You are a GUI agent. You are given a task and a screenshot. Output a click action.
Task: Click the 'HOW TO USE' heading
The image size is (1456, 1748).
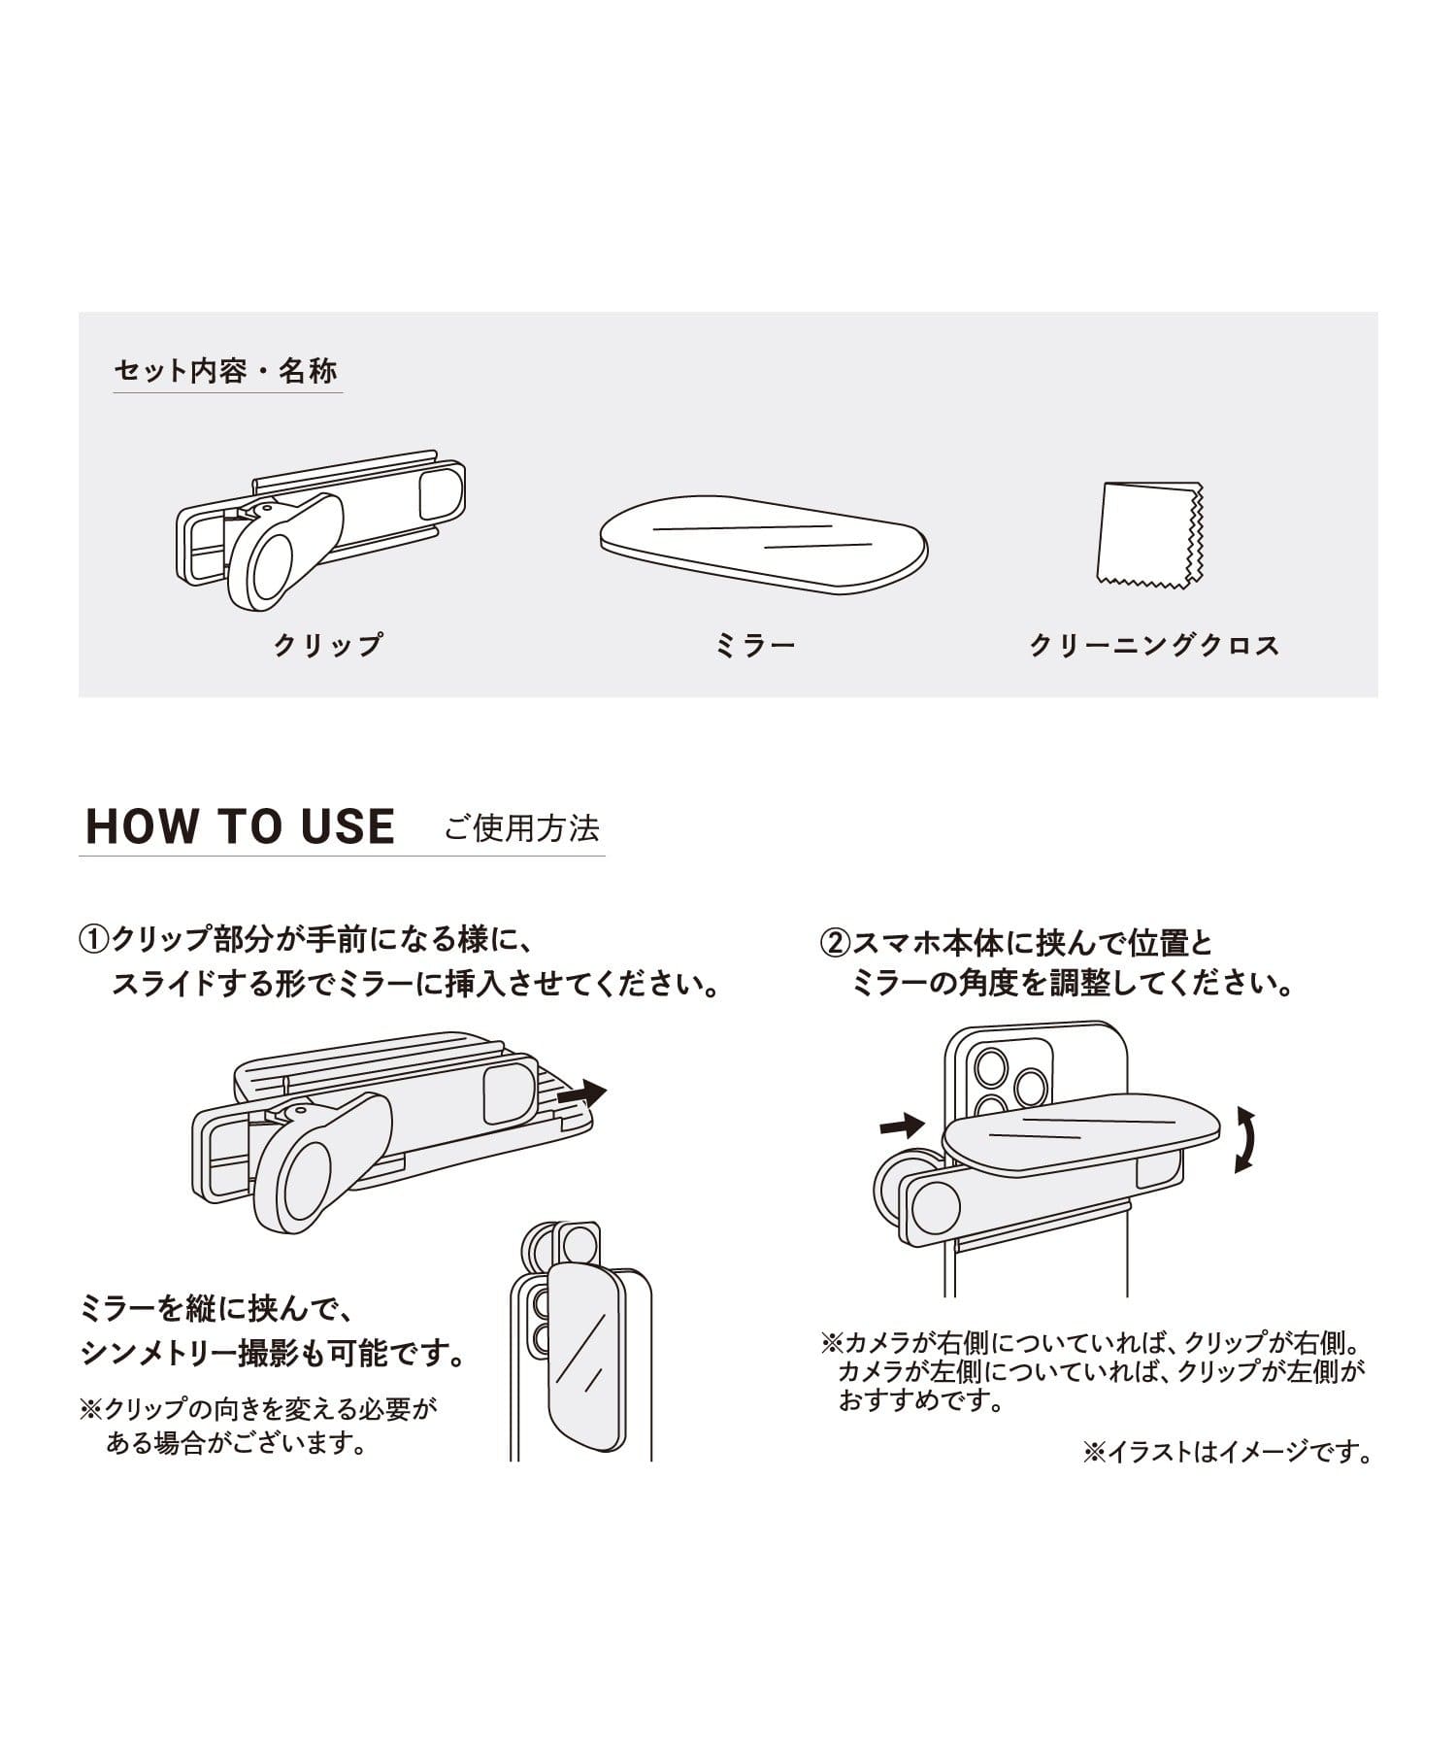tap(241, 826)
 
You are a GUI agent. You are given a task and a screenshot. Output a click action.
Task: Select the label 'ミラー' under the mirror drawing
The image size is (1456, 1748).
tap(755, 645)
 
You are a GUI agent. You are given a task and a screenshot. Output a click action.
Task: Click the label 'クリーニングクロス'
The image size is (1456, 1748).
tap(1154, 645)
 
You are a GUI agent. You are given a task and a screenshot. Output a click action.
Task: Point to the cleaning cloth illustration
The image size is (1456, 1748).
tap(1150, 535)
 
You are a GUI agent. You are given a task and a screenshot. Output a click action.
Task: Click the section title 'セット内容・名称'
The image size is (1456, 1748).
tap(226, 371)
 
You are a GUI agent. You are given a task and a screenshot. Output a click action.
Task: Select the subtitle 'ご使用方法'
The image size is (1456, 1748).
tap(522, 828)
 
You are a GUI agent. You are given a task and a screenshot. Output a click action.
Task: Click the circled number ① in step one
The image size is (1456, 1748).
tap(94, 940)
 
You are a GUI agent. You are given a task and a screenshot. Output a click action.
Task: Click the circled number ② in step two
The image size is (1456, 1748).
tap(836, 943)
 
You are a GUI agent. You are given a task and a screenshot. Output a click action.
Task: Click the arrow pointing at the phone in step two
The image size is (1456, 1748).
tap(902, 1125)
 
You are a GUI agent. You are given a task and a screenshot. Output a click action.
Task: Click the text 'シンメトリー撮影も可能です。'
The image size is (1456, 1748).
tap(275, 1354)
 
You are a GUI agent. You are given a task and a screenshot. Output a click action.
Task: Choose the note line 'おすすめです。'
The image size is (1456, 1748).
tap(921, 1401)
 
